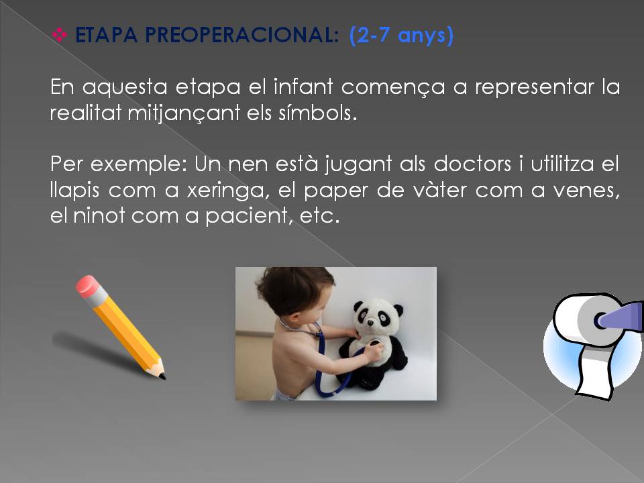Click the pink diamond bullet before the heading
click(x=60, y=34)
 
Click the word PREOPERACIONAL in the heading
click(x=242, y=35)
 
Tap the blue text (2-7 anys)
click(x=401, y=36)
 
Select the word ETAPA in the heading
click(x=107, y=35)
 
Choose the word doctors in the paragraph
click(x=472, y=164)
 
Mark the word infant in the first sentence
click(x=303, y=87)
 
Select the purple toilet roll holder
click(x=620, y=316)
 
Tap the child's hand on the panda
click(x=374, y=353)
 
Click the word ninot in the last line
click(x=99, y=216)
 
